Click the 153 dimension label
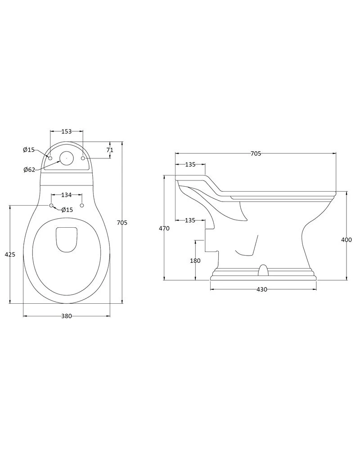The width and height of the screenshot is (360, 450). pos(66,131)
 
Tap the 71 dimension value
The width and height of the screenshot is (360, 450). pos(110,150)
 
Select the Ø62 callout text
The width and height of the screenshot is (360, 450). pos(29,170)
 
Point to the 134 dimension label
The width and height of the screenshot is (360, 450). pos(66,195)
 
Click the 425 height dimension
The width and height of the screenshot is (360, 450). pos(10,254)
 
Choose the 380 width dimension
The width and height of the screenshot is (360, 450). pos(66,316)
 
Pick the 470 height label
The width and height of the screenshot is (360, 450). pos(164,229)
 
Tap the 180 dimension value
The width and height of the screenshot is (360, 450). pos(195,261)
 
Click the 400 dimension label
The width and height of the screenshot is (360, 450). pos(346,240)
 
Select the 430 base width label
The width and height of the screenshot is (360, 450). pos(262,289)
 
